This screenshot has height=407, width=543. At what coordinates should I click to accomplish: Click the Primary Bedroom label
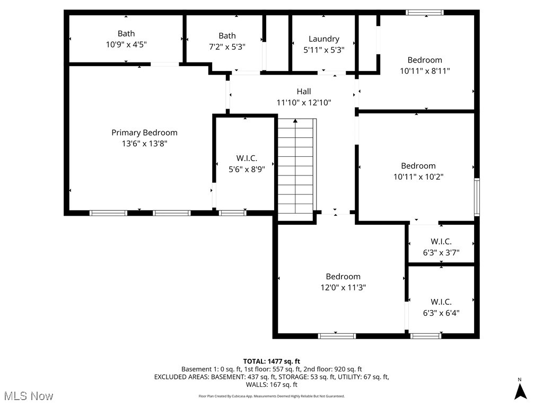(144, 132)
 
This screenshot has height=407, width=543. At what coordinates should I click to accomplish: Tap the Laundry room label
(323, 39)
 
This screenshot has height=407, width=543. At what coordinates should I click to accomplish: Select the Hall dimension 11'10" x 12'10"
(304, 102)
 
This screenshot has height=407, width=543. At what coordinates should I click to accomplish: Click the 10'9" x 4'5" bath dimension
(126, 45)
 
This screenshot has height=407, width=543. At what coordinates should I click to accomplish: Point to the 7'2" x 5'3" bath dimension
(227, 47)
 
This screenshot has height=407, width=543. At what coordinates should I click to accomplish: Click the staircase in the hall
(296, 167)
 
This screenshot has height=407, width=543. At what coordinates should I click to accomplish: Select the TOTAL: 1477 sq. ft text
(271, 361)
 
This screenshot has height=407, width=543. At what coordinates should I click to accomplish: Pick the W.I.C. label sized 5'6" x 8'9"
(247, 158)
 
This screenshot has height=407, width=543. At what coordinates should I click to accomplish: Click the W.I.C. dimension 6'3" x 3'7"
(441, 253)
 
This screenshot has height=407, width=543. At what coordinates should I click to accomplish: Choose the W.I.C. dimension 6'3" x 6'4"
(441, 313)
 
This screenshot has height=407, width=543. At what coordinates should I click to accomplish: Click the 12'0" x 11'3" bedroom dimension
(343, 287)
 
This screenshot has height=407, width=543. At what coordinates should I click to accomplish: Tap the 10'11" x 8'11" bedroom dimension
(425, 70)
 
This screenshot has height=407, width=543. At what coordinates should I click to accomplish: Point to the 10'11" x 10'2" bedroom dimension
(418, 176)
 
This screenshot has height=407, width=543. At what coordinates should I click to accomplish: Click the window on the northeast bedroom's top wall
(425, 12)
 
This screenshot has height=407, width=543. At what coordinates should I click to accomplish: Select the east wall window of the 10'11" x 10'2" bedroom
(477, 197)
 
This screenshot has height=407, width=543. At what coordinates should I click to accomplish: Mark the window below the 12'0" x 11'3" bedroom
(337, 335)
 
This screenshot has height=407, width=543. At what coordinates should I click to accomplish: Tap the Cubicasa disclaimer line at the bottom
(271, 396)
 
